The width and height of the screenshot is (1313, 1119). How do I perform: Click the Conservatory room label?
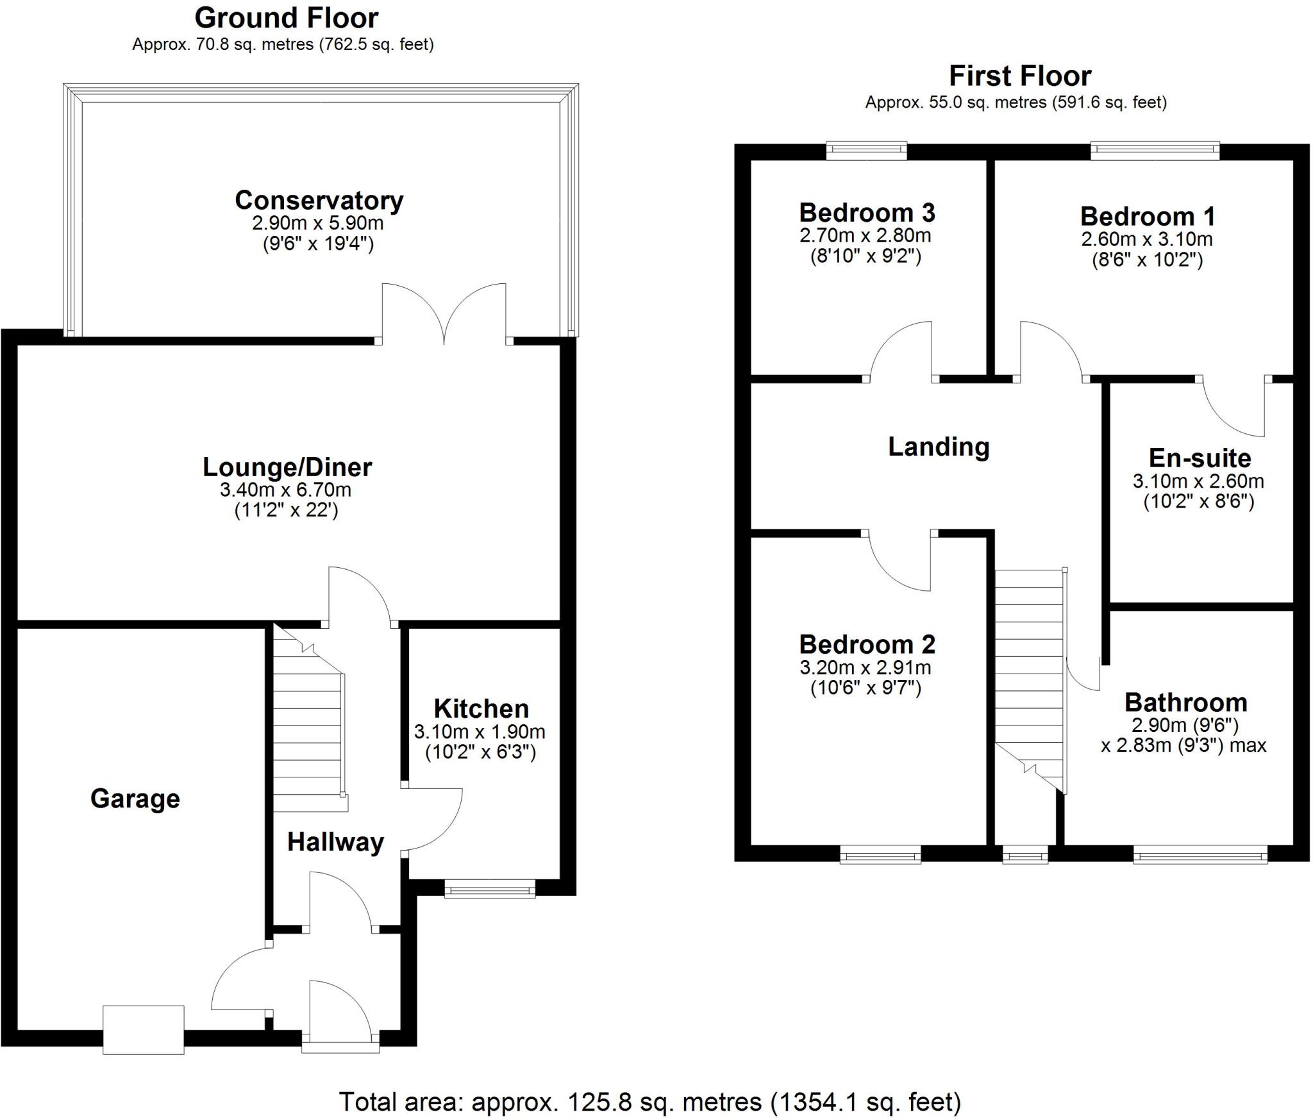coord(319,201)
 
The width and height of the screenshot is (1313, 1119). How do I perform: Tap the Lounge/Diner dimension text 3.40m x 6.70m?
coord(285,490)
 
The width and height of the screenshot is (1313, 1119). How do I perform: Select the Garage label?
coord(135,799)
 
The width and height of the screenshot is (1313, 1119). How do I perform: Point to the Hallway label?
coord(335,841)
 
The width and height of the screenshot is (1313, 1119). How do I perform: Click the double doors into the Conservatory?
coord(444,314)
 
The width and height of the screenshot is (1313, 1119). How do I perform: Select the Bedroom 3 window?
coord(866,151)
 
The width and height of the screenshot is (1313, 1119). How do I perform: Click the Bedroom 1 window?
coord(1154,151)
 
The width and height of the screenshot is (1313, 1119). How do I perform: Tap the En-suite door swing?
coord(1234,407)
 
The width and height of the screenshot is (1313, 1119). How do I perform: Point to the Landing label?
coord(939,447)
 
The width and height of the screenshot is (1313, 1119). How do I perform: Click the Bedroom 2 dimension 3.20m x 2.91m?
coord(865,668)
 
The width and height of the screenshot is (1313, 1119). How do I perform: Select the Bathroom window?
coord(1200,854)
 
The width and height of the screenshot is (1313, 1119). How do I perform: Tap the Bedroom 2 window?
coord(880,854)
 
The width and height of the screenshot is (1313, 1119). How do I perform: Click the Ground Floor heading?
coord(286,18)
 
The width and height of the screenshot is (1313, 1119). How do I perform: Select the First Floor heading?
coord(1019,76)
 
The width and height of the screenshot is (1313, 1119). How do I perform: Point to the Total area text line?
coord(649,1102)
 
